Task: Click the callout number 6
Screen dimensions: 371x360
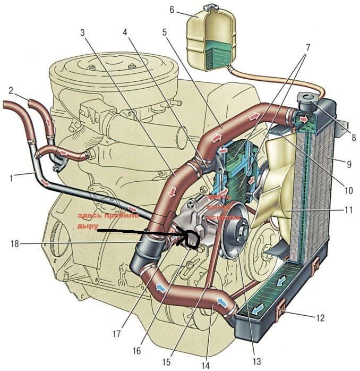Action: coord(172,10)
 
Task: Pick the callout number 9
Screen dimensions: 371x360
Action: coord(349,164)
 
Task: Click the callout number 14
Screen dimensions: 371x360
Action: coord(205,365)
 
